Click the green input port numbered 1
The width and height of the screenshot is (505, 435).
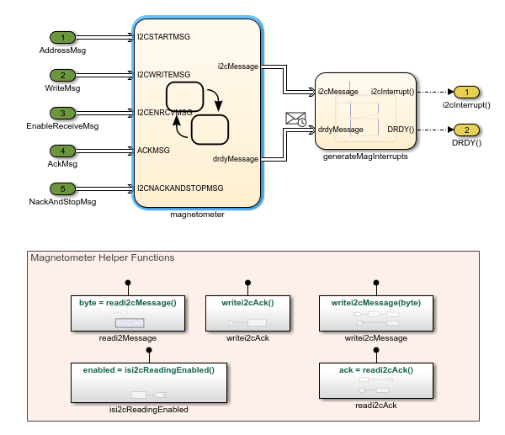[x=62, y=38]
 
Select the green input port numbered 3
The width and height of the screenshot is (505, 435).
[x=62, y=113]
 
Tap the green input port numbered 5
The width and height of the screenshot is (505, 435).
[x=62, y=188]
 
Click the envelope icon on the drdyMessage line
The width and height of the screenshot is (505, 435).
[x=295, y=119]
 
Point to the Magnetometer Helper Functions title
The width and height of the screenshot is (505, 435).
[x=102, y=257]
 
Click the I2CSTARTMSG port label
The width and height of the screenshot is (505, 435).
[x=164, y=37]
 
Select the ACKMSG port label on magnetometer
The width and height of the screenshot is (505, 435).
[x=154, y=151]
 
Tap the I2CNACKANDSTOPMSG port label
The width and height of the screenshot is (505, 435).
[x=180, y=188]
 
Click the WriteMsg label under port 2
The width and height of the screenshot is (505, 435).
[x=62, y=88]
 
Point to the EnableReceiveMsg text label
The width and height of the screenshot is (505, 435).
[x=62, y=126]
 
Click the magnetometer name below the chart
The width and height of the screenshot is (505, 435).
[x=196, y=214]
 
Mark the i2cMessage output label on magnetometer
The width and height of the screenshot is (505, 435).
[x=237, y=66]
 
